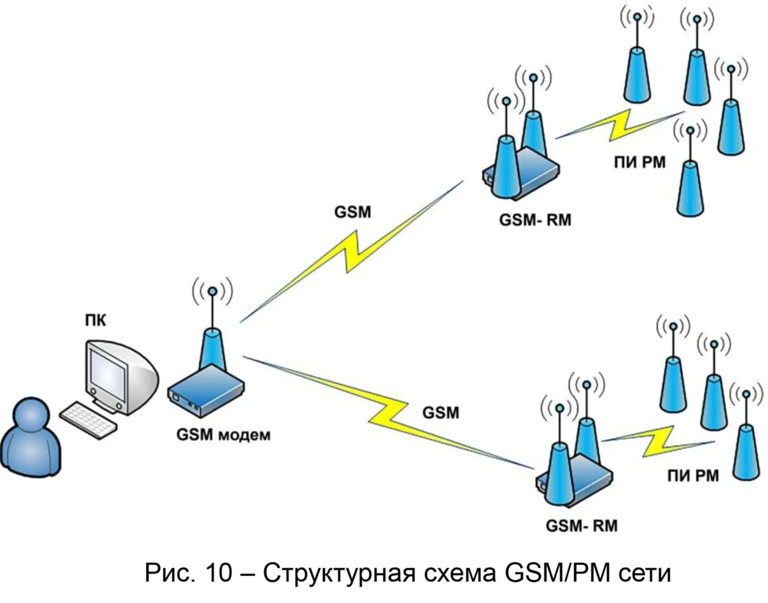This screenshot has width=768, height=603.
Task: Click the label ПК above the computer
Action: (96, 319)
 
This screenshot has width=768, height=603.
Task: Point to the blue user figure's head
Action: (28, 416)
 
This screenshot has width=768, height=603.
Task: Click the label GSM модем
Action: (223, 435)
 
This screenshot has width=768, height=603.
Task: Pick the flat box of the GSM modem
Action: (206, 390)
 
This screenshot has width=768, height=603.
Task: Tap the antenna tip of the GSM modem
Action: (212, 292)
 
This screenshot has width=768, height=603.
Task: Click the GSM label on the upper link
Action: (352, 212)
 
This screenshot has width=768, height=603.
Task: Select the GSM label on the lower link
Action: (440, 413)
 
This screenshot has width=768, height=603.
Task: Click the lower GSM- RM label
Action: (581, 526)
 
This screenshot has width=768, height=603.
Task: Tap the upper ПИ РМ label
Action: (639, 163)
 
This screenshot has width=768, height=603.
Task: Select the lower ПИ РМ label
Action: (693, 475)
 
